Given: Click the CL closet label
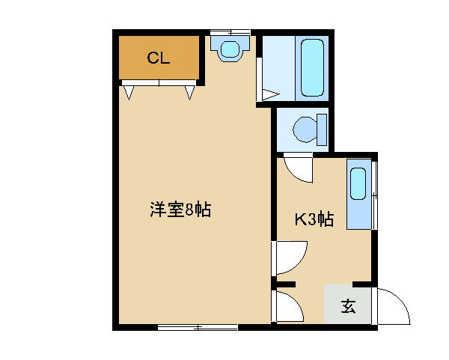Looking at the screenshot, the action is point(159,58).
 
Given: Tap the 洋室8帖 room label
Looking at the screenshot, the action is point(180,210).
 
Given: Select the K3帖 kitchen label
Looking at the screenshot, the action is point(314,219).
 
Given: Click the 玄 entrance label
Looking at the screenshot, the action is point(348,306).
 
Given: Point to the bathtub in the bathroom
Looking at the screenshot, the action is point(312,68).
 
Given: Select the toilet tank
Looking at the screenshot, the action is point(322,129).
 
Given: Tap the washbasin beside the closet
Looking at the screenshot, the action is point(230,48).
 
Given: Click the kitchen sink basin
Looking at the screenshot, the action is point(358,184).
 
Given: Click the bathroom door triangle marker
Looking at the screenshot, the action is point(270,95).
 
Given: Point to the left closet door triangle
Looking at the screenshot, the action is point(129,93).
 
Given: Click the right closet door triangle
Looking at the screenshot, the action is point(189,93).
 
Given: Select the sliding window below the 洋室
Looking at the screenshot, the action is point(198,327).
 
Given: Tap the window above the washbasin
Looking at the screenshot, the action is point(230,32).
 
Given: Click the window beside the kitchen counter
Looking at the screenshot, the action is point(375,195).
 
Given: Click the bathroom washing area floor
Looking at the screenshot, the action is point(278,68).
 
